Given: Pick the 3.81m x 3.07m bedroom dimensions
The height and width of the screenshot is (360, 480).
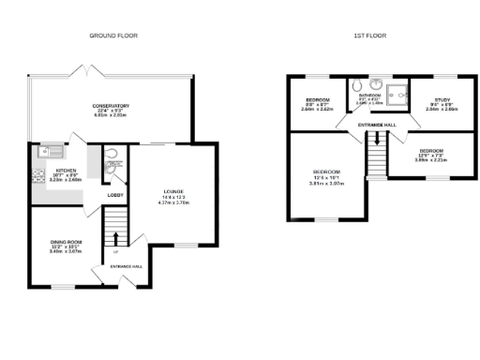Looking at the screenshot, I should (x=326, y=182).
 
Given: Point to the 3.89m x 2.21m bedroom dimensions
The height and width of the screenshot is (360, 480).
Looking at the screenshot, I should (x=432, y=158).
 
